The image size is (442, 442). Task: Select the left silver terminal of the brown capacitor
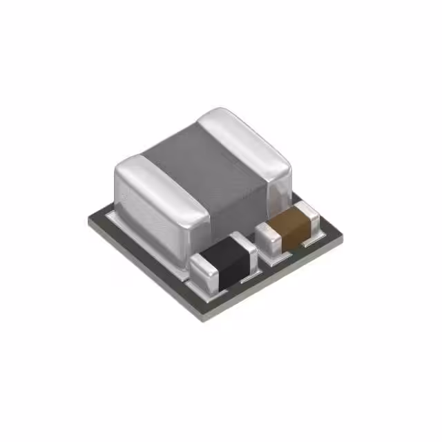[x=268, y=236]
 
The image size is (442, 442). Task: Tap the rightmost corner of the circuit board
[x=343, y=235]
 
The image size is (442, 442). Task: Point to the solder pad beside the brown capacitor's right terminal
[x=322, y=233]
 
